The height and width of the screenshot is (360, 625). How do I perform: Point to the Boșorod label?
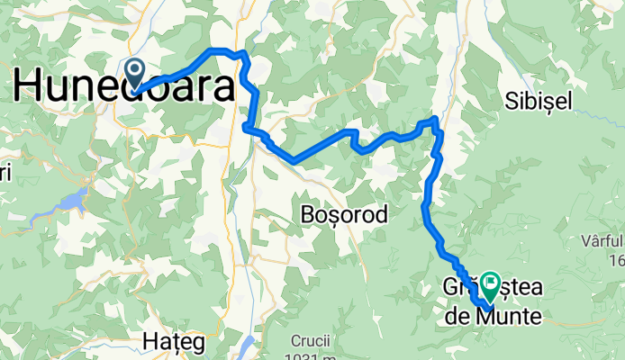pos(344,215)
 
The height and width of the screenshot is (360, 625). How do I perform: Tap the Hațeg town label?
pos(174,343)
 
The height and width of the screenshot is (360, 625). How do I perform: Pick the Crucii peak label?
pos(310,341)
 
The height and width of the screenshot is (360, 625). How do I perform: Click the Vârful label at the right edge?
pos(602,242)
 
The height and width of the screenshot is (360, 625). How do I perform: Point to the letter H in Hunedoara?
pos(28,86)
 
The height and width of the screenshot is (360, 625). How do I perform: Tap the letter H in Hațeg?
pos(149,343)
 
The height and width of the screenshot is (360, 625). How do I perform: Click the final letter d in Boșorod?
pos(382,215)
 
